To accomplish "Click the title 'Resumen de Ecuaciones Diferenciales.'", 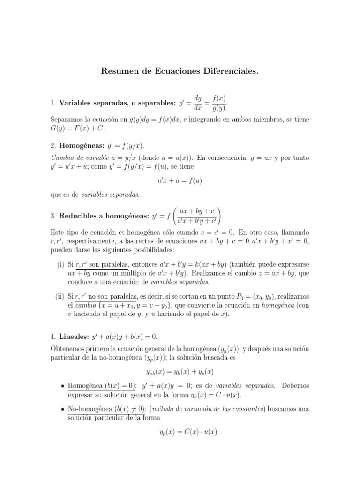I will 180,72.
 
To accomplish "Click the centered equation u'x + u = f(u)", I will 180,180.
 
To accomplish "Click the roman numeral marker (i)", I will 60,264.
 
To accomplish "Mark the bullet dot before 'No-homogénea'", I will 63,409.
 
